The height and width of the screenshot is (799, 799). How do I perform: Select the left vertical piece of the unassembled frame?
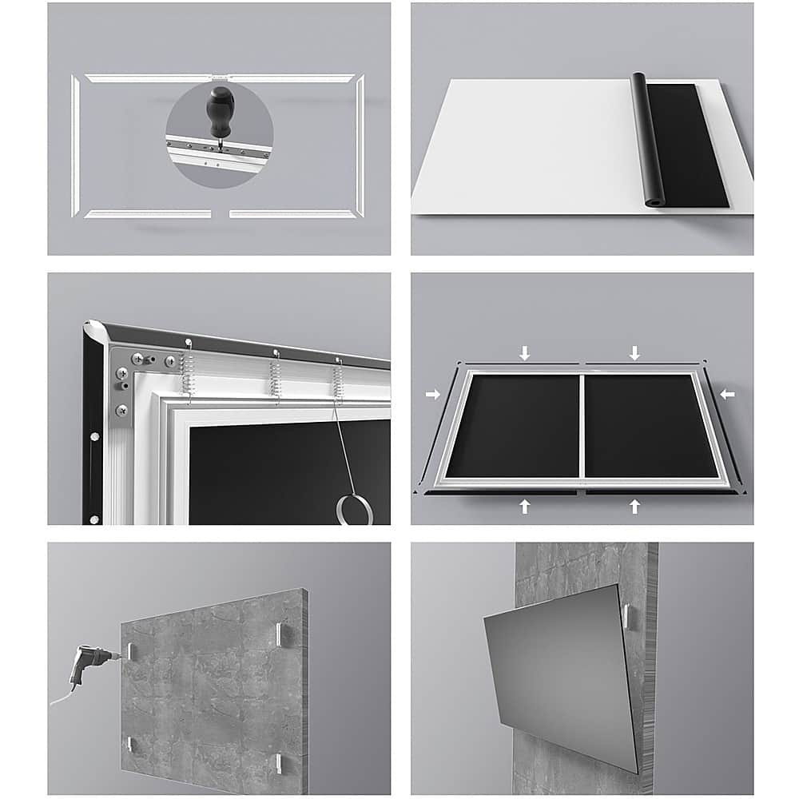(x=75, y=145)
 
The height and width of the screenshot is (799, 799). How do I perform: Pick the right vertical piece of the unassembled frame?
(x=360, y=145)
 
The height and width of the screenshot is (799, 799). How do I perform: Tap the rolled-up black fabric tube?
(x=646, y=139)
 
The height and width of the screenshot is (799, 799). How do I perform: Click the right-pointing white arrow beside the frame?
(x=432, y=394)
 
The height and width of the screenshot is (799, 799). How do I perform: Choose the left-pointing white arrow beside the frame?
(x=727, y=394)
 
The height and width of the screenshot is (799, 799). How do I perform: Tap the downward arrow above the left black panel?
(x=524, y=352)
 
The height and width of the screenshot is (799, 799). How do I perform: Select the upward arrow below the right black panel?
(x=634, y=506)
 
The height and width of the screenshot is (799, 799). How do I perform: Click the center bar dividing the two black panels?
(x=582, y=425)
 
